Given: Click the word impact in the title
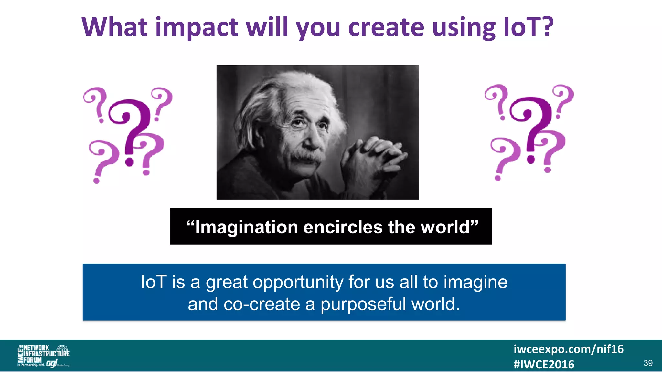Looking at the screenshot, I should coord(197,28).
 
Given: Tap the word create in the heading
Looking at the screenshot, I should coord(386,27).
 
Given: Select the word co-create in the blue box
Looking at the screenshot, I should coord(262,305).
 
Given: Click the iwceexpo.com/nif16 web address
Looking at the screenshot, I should coord(568,349).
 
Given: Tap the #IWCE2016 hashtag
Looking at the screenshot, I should coord(544,365).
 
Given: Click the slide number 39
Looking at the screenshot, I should coord(648,363).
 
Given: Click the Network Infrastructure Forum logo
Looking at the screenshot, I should coord(43,356).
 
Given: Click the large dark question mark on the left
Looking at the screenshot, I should coord(131,129).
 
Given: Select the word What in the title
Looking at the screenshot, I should coord(115,27).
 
